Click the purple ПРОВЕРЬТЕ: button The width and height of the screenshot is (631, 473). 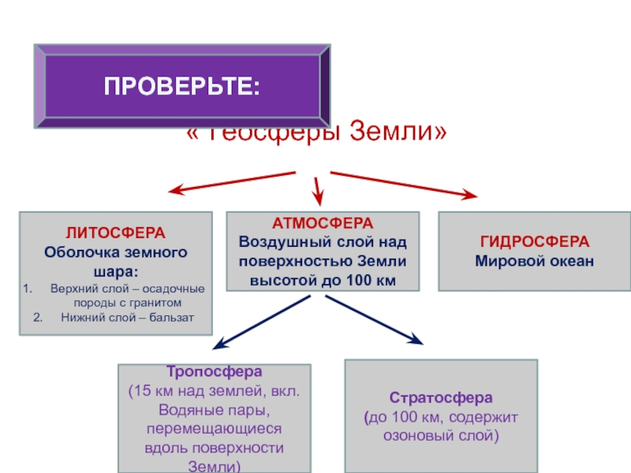(x=181, y=86)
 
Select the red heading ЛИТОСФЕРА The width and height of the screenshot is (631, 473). (x=115, y=233)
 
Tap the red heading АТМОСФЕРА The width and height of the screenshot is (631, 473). (x=323, y=223)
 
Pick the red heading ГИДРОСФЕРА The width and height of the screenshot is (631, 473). (x=534, y=242)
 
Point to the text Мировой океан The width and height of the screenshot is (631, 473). (x=534, y=260)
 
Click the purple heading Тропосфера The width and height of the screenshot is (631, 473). (x=214, y=371)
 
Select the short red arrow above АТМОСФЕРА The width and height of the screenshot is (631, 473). (x=318, y=189)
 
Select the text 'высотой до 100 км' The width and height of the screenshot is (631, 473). (x=323, y=280)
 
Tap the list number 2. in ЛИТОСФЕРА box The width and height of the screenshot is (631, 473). (x=37, y=318)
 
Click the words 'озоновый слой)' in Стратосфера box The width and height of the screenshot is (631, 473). (x=441, y=434)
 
